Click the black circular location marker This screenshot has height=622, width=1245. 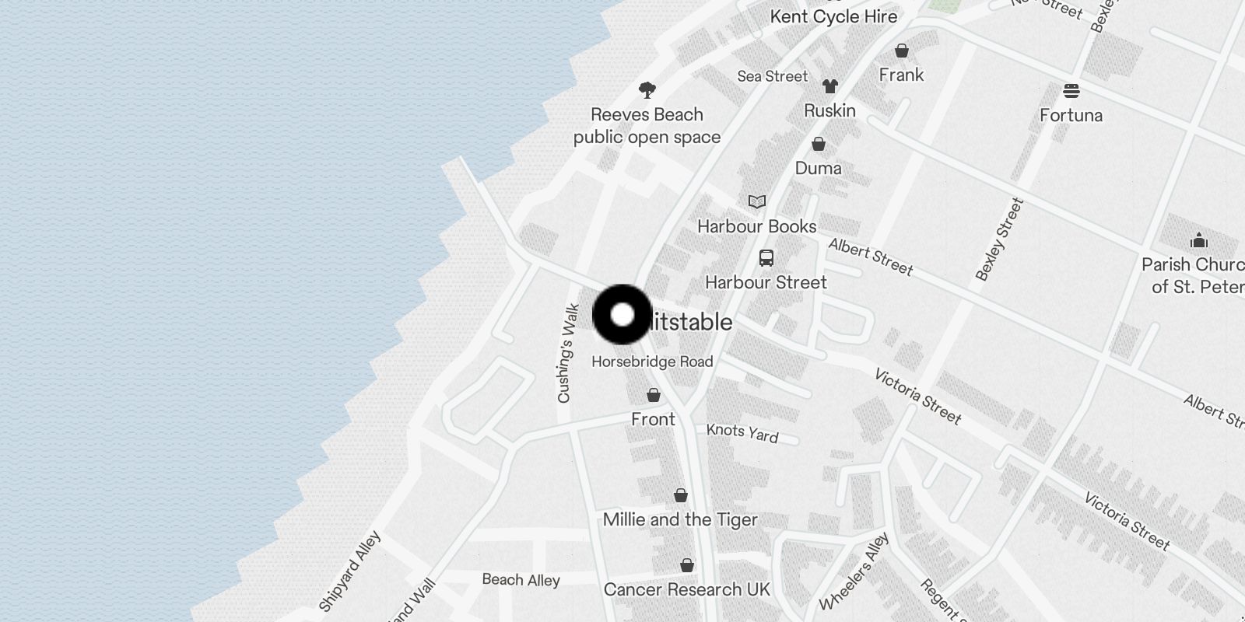click(x=622, y=315)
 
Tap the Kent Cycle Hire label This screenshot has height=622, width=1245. click(x=833, y=16)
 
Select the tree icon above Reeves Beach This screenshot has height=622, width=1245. click(x=647, y=90)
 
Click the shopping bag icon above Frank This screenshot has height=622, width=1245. click(x=901, y=51)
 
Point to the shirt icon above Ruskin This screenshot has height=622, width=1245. click(x=830, y=86)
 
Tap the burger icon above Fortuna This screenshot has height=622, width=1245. click(x=1071, y=92)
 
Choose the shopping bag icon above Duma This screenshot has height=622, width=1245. click(x=818, y=144)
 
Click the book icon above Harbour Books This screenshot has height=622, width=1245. click(x=756, y=202)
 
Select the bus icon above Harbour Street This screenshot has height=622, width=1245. click(x=766, y=258)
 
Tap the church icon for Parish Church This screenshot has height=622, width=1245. click(x=1198, y=239)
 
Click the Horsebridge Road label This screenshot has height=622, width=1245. click(x=652, y=362)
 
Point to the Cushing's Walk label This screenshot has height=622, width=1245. click(x=568, y=353)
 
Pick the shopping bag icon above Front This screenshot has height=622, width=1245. click(x=653, y=395)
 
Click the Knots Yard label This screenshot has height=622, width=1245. click(x=742, y=432)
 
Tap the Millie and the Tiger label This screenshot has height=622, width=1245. click(x=680, y=519)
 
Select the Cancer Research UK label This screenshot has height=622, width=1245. click(x=686, y=589)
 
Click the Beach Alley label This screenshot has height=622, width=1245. click(x=521, y=579)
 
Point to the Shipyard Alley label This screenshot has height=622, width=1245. click(x=350, y=570)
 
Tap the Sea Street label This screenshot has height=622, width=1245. click(x=772, y=76)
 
